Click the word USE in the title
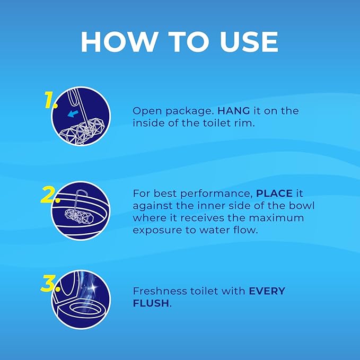point(249,41)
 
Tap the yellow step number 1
point(50,100)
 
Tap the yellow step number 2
point(50,195)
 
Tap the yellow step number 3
point(50,283)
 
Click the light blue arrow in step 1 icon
point(73,113)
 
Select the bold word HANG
point(233,111)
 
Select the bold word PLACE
point(274,194)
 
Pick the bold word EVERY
point(267,291)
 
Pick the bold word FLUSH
point(151,303)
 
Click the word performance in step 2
point(216,194)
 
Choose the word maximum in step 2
point(276,218)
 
